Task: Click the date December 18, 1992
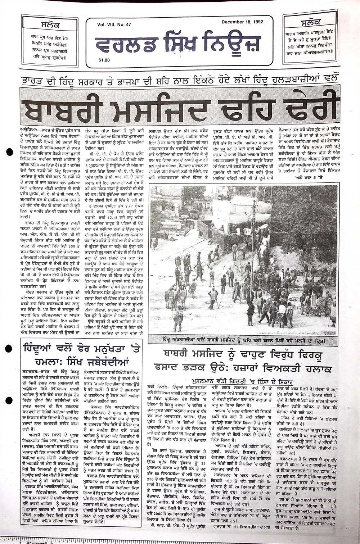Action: coord(242,22)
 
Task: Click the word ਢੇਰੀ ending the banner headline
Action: coord(307,107)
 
